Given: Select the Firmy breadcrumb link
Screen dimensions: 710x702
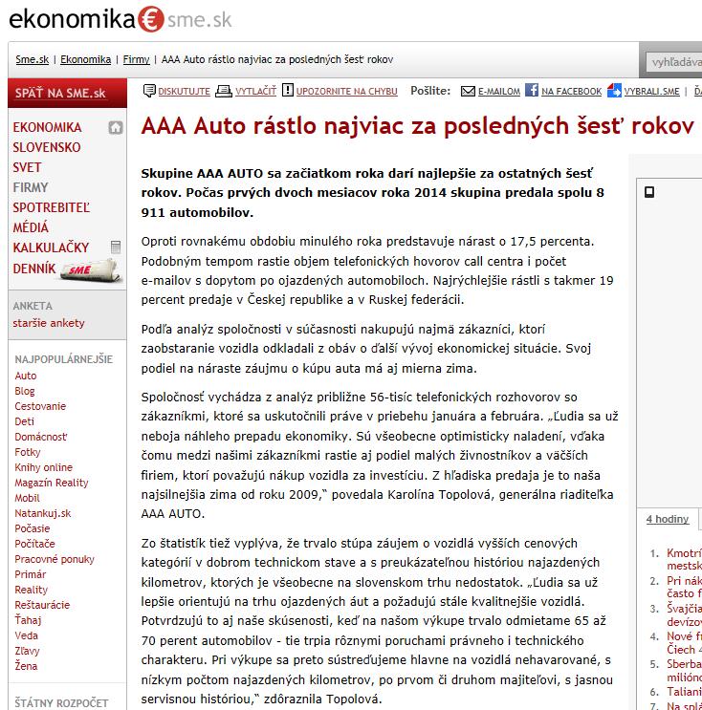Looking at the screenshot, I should click(136, 59).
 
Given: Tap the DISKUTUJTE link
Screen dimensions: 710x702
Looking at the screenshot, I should click(177, 92).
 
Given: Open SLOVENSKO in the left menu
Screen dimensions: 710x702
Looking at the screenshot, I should click(47, 147).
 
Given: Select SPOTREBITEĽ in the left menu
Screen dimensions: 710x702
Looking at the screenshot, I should click(51, 207).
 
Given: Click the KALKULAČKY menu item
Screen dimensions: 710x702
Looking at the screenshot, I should click(51, 247).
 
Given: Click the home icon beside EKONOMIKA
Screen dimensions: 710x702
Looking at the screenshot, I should click(116, 127).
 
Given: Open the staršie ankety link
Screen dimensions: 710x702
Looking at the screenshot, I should click(48, 322).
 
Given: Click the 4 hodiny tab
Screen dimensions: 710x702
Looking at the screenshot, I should click(667, 519).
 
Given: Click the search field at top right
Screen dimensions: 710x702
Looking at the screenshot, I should click(673, 61).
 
